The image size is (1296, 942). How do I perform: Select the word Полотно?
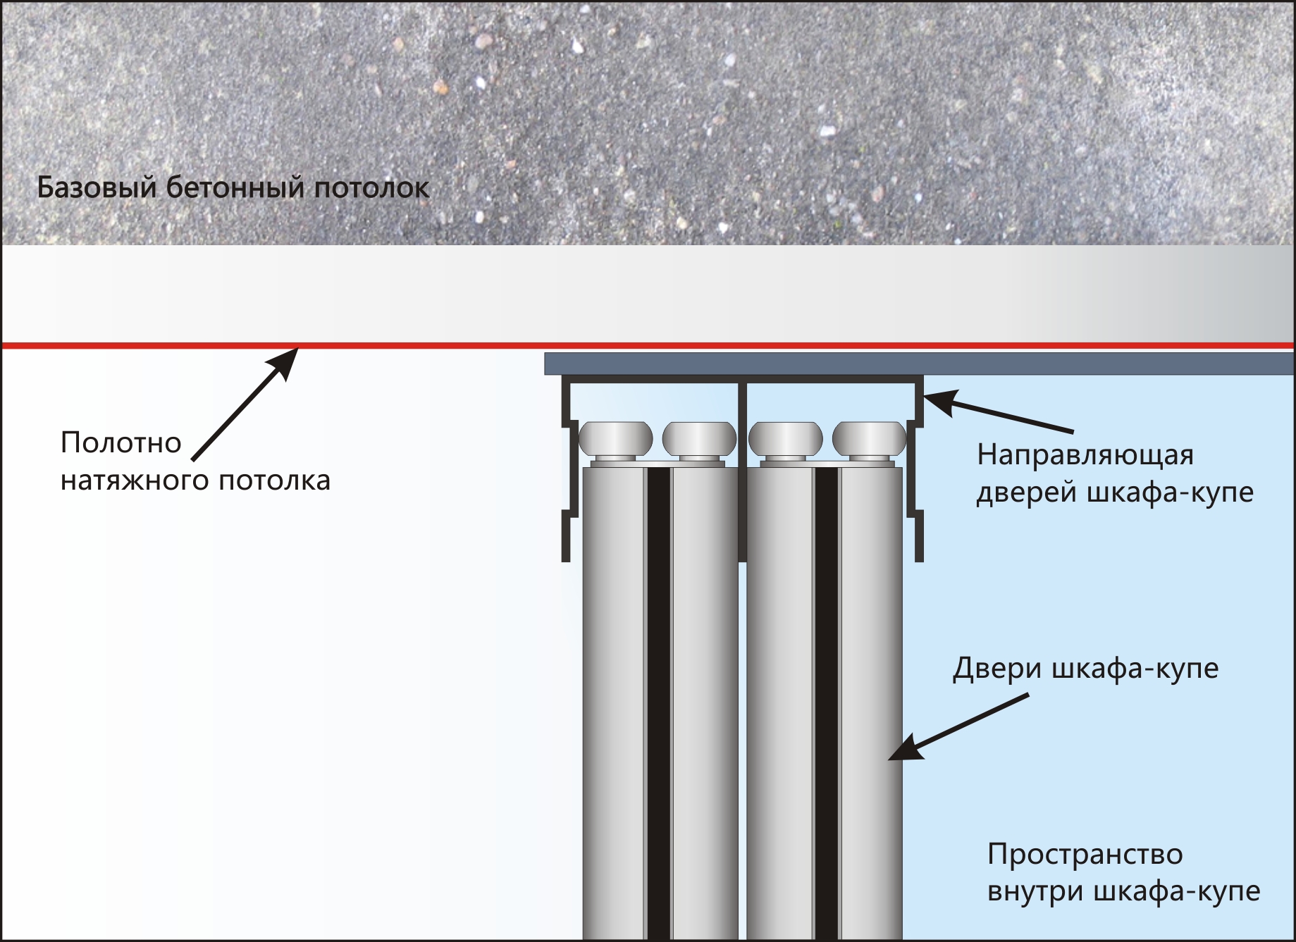pyautogui.click(x=121, y=443)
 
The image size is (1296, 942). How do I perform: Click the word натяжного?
pyautogui.click(x=135, y=481)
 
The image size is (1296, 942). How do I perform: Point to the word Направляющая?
pyautogui.click(x=1085, y=455)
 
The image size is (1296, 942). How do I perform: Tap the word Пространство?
pyautogui.click(x=1085, y=854)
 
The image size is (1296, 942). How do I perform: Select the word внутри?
pyautogui.click(x=1036, y=891)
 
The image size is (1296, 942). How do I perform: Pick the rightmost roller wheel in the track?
pyautogui.click(x=869, y=438)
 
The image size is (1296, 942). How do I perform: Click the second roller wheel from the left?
pyautogui.click(x=699, y=438)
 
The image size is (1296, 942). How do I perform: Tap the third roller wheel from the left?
pyautogui.click(x=785, y=438)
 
